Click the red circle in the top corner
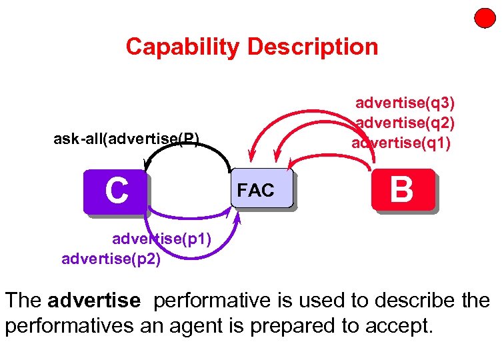[x=484, y=18]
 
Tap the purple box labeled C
[x=115, y=191]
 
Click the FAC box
[x=263, y=191]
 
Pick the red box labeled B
[x=403, y=190]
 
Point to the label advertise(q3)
[x=405, y=103]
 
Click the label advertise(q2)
[x=405, y=123]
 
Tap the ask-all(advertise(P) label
[x=126, y=139]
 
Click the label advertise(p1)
[x=161, y=239]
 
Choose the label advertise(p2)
[x=111, y=259]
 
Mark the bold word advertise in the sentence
[x=94, y=301]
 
